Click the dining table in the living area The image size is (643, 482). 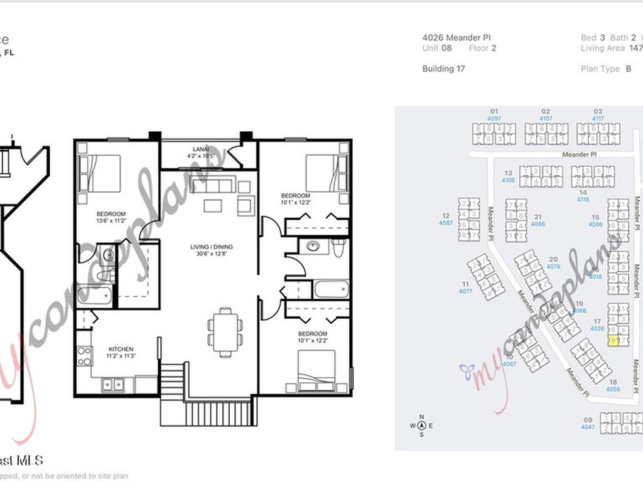[225, 332]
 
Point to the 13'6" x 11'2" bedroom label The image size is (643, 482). [111, 217]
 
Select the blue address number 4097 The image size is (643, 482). [494, 118]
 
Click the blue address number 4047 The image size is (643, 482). [588, 427]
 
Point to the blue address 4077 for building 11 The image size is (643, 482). [465, 291]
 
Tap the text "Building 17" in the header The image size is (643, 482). [443, 69]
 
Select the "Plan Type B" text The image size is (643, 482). [607, 69]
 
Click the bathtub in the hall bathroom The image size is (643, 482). [330, 289]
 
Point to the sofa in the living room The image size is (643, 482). [213, 184]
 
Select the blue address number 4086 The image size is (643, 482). [538, 223]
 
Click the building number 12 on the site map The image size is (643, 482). [446, 215]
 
